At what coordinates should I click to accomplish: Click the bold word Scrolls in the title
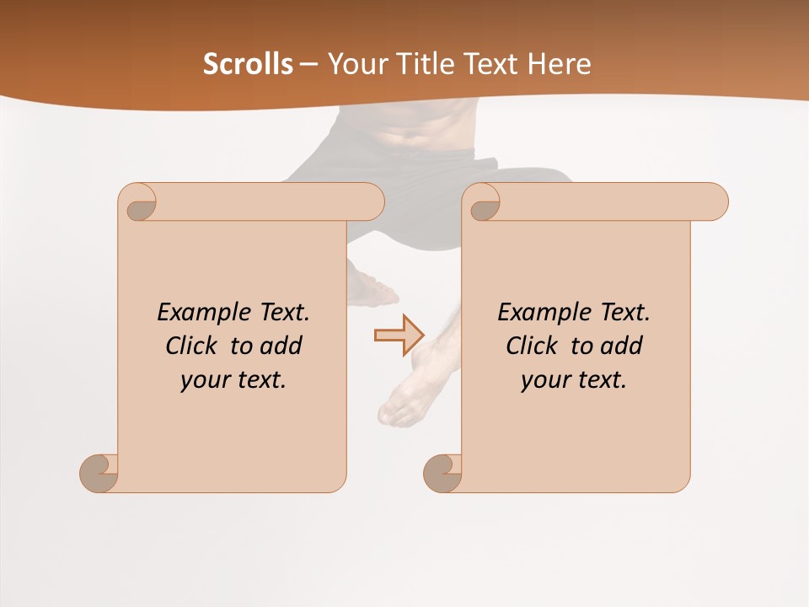(x=249, y=64)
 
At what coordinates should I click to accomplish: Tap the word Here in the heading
(x=560, y=64)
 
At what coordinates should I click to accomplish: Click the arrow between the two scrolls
(x=399, y=335)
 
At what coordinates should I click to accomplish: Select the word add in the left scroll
(x=280, y=346)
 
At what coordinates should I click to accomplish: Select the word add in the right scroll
(x=620, y=346)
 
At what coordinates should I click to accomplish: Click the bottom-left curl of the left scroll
(x=99, y=472)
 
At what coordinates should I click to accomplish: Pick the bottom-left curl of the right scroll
(x=443, y=472)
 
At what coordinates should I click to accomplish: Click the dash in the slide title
(x=308, y=64)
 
